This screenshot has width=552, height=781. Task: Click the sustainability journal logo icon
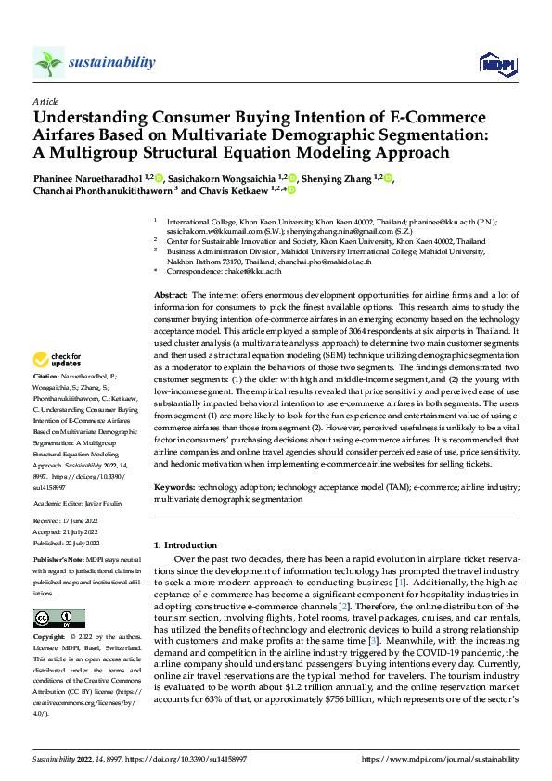48,62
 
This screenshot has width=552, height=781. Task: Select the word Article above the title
45,100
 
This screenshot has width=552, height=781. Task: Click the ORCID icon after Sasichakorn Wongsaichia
292,178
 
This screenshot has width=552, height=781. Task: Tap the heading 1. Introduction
188,544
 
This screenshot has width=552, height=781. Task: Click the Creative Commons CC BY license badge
58,618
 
